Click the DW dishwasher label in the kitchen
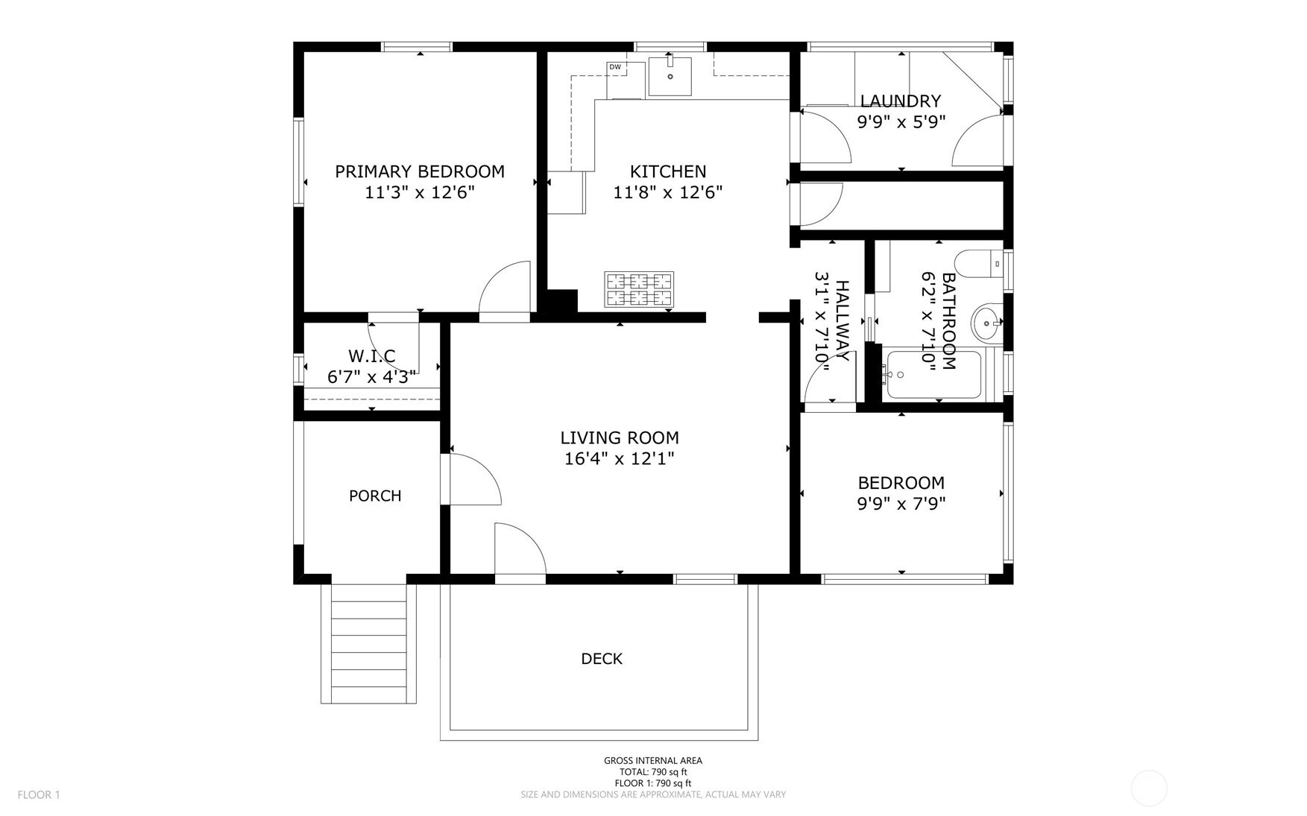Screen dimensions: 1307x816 [x=615, y=67]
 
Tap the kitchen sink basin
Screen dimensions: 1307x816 [x=670, y=76]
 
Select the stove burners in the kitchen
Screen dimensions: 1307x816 [x=639, y=290]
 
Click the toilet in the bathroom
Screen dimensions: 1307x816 [x=980, y=263]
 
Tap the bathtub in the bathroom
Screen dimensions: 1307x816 [x=933, y=375]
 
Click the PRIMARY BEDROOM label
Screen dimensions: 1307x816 [x=420, y=171]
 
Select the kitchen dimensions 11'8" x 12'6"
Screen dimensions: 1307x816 [x=668, y=192]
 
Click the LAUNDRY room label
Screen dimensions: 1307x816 [x=901, y=101]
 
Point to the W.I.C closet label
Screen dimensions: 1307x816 [x=371, y=356]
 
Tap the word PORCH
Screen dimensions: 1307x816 [x=375, y=496]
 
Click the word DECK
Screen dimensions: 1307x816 [x=602, y=659]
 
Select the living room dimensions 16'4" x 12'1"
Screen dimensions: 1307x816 [x=620, y=458]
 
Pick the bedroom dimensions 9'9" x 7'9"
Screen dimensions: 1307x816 [x=901, y=504]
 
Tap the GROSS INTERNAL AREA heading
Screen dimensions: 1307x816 [x=653, y=761]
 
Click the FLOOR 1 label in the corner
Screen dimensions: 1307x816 [x=39, y=794]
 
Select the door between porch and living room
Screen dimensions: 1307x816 [x=470, y=479]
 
